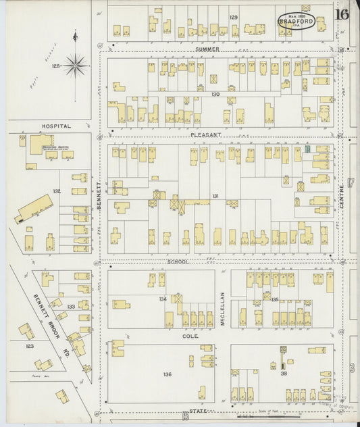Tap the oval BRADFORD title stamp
click(x=296, y=21)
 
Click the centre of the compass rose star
click(x=75, y=66)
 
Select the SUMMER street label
click(x=208, y=49)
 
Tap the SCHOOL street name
click(x=178, y=261)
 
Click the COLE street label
click(x=189, y=334)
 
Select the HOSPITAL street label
click(x=56, y=126)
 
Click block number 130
click(x=215, y=94)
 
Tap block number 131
click(x=215, y=196)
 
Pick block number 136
click(x=167, y=374)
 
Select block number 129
click(x=233, y=17)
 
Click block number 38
click(x=284, y=373)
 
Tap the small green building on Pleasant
click(x=307, y=148)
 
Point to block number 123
click(x=30, y=346)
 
